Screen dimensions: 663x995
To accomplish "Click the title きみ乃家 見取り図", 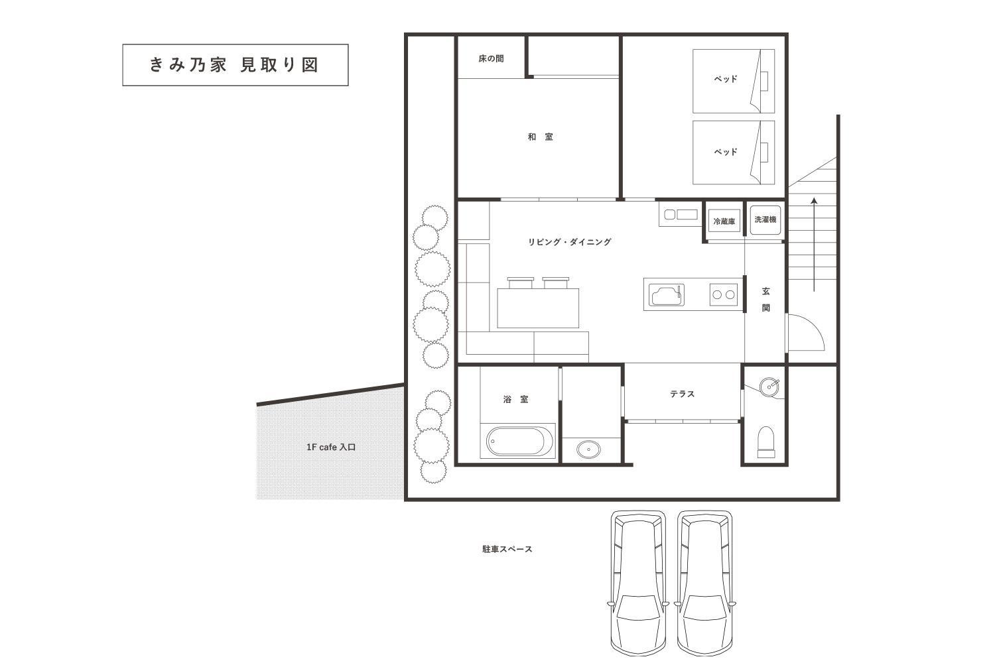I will pos(235,65).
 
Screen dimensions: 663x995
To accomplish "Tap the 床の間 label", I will pos(491,58).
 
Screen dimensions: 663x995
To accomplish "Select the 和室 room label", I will pos(540,137).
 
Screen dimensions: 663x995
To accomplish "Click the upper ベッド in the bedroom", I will pos(726,79).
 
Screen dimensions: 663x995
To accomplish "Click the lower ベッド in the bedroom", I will pos(726,152).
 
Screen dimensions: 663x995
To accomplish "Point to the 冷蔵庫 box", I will pos(724,221).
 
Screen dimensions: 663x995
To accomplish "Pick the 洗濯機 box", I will pos(765,219).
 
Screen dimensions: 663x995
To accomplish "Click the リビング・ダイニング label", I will pos(569,242).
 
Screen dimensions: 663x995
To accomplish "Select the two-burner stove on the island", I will pos(724,294).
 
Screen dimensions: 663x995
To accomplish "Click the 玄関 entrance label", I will pos(765,299).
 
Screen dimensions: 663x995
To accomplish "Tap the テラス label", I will pos(682,394).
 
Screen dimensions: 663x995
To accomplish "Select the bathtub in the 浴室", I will pos(520,441).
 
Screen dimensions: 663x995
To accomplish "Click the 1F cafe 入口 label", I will pos(331,448).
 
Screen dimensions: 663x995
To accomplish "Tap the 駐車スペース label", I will pos(507,549).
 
